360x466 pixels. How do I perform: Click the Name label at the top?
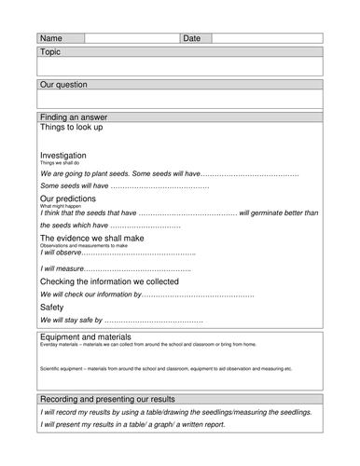(x=51, y=38)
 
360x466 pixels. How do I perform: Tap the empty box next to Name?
(x=131, y=38)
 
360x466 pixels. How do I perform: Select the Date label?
(x=191, y=38)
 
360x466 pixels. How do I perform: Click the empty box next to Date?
(x=267, y=38)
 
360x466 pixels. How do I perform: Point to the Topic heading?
(x=50, y=52)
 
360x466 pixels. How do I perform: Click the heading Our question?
(x=63, y=85)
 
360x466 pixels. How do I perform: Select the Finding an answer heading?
(x=74, y=117)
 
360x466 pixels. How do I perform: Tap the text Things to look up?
(x=72, y=128)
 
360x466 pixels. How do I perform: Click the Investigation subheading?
(x=63, y=156)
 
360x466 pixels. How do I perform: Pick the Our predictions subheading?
(x=67, y=199)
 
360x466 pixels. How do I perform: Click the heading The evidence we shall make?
(x=92, y=239)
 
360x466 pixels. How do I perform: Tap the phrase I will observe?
(x=61, y=252)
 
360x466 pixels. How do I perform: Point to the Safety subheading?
(x=52, y=307)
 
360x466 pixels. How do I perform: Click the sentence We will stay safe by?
(x=71, y=321)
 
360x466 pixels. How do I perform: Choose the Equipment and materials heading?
(x=86, y=336)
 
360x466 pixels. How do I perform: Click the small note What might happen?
(x=55, y=206)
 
